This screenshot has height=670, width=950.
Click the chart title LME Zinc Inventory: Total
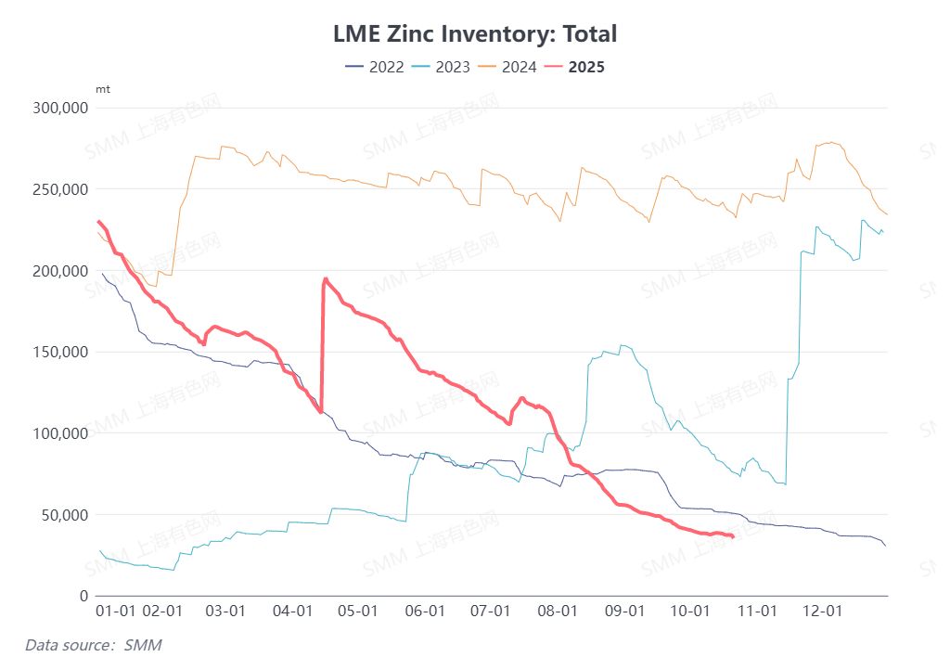coord(474,34)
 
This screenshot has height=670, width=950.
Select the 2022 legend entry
coord(375,67)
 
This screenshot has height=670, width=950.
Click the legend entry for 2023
coord(442,67)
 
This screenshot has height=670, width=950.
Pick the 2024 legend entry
coord(507,67)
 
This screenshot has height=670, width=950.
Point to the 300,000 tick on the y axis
coord(59,108)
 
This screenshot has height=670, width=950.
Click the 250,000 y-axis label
coord(59,189)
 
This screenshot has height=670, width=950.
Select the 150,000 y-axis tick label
coord(59,352)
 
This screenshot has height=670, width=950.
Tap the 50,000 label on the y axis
coord(63,514)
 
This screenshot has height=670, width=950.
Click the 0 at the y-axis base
coord(83,596)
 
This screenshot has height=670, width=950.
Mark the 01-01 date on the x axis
coord(116,612)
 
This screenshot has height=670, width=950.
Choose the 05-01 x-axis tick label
coord(357,612)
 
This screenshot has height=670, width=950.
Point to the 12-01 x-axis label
coord(822,612)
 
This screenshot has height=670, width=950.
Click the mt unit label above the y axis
coord(102,89)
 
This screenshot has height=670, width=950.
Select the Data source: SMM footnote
coord(86,644)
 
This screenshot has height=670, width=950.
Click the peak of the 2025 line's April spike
coord(325,278)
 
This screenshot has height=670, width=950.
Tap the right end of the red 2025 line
coord(733,536)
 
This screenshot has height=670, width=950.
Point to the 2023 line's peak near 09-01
coord(623,346)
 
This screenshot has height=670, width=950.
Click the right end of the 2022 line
coord(886,546)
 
